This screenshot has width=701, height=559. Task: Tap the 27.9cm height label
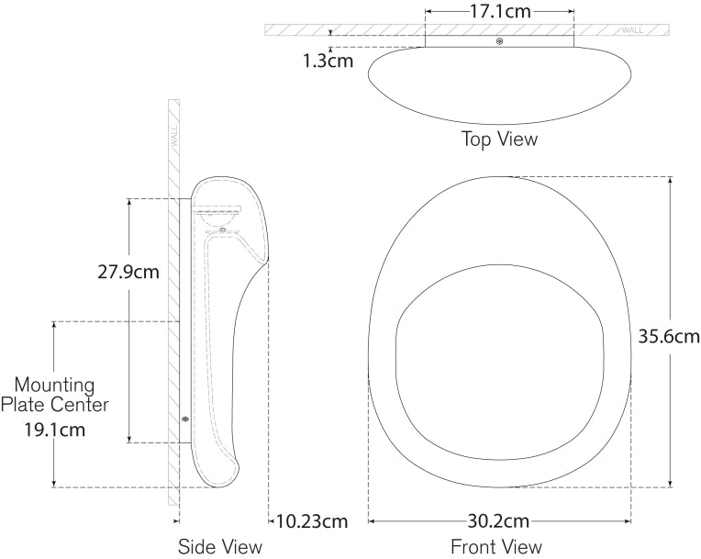pyautogui.click(x=128, y=273)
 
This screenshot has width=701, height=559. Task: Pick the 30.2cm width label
pyautogui.click(x=499, y=522)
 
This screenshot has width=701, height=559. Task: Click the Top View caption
pyautogui.click(x=499, y=140)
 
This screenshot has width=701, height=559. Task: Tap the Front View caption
pyautogui.click(x=496, y=547)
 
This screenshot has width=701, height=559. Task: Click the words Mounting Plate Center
pyautogui.click(x=55, y=394)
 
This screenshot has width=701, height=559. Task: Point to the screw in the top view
pyautogui.click(x=499, y=41)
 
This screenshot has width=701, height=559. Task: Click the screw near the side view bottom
pyautogui.click(x=186, y=419)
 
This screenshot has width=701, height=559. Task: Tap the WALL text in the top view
pyautogui.click(x=633, y=29)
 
